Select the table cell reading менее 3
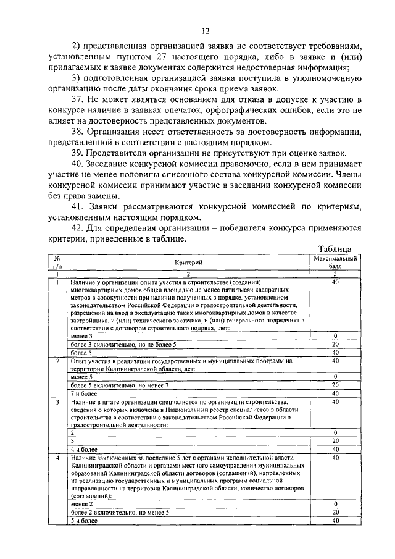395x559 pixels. point(82,336)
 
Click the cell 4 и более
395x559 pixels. point(85,449)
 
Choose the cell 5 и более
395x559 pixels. point(85,521)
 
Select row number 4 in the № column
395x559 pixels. point(57,458)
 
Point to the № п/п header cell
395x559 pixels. point(57,261)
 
